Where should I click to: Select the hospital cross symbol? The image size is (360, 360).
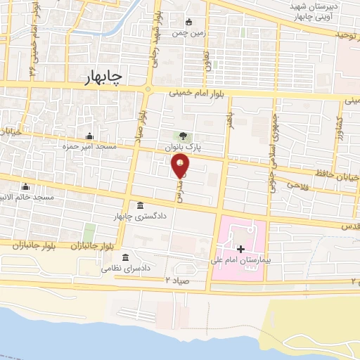click(x=240, y=249)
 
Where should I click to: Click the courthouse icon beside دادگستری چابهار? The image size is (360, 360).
click(x=141, y=206)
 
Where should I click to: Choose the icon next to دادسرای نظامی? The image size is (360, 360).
click(x=126, y=257)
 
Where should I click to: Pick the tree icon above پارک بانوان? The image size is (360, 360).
click(x=183, y=136)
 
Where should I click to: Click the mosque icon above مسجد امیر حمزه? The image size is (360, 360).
click(x=89, y=136)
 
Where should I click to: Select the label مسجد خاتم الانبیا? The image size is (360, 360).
click(x=27, y=198)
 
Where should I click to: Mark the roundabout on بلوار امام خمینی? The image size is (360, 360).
click(x=148, y=89)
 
